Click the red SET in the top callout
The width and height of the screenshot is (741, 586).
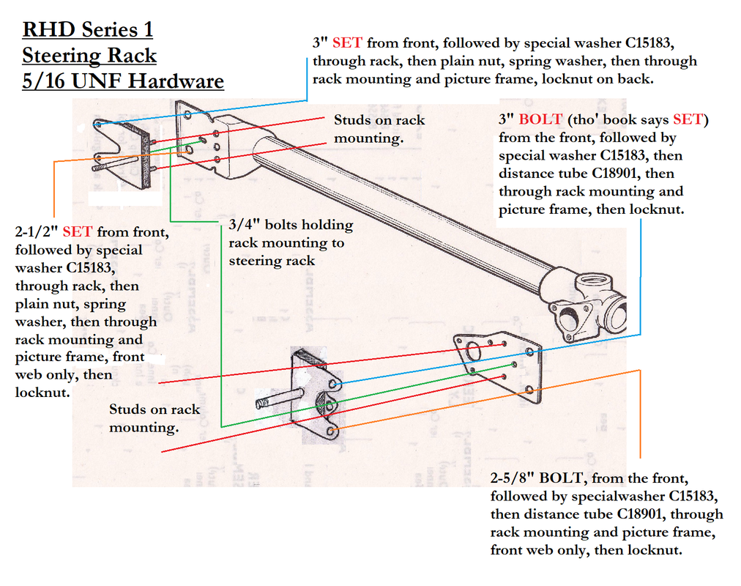[347, 43]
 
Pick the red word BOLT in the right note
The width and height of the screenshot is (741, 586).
[540, 119]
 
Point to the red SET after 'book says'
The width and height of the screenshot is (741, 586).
[688, 119]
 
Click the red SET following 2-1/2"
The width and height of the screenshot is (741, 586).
[78, 232]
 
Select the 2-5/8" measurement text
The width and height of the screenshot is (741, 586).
[513, 478]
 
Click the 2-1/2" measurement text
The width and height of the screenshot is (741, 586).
[37, 232]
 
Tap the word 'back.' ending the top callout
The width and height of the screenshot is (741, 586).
[633, 78]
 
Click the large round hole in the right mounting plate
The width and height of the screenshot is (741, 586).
[474, 352]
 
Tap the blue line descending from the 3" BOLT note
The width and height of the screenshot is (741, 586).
[641, 278]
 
